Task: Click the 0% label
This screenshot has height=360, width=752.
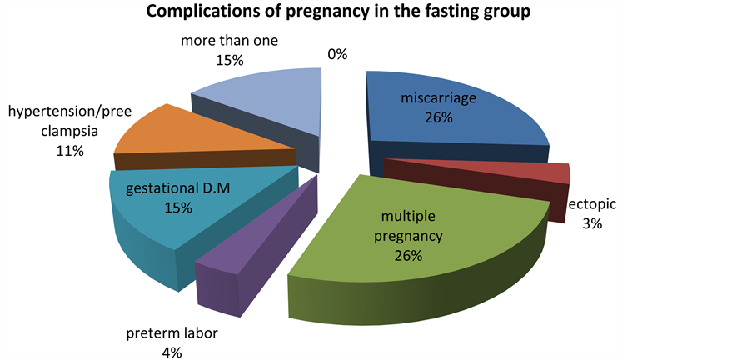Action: point(337,55)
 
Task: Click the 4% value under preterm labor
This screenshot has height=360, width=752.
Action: point(172,352)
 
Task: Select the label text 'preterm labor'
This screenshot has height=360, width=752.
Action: point(173,335)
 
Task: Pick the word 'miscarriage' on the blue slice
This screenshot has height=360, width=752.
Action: point(438,99)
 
